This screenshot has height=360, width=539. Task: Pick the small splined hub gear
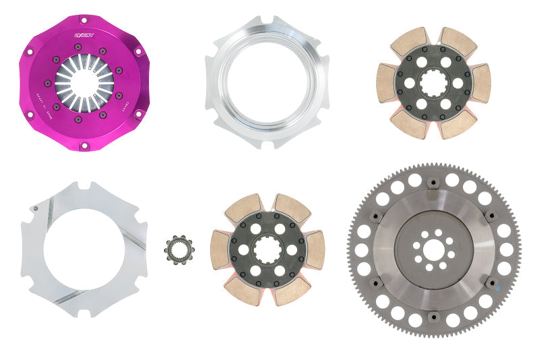[x=179, y=249]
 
